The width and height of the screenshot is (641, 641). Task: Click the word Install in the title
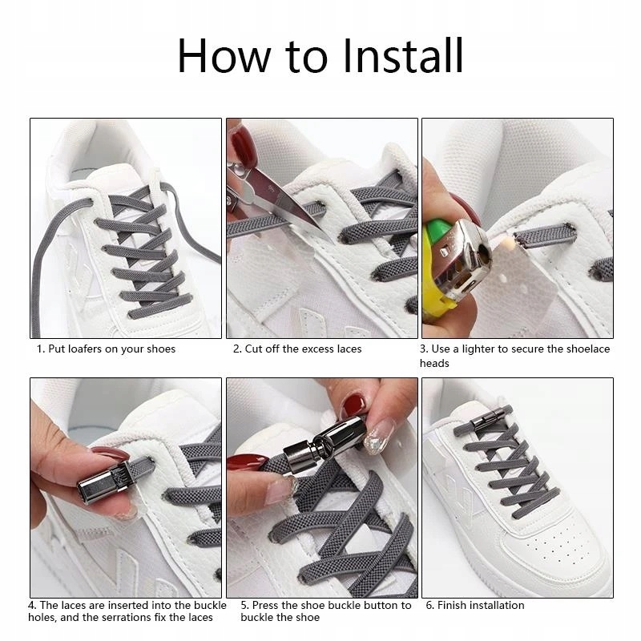point(403,55)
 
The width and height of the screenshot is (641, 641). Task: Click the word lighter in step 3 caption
point(478,349)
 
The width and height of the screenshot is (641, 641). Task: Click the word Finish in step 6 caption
point(451,605)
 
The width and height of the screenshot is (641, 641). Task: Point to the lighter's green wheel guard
point(437,231)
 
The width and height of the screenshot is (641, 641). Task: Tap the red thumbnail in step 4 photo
point(110,454)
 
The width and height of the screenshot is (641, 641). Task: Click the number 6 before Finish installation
point(429,605)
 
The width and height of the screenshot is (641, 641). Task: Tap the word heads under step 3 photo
point(434,364)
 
